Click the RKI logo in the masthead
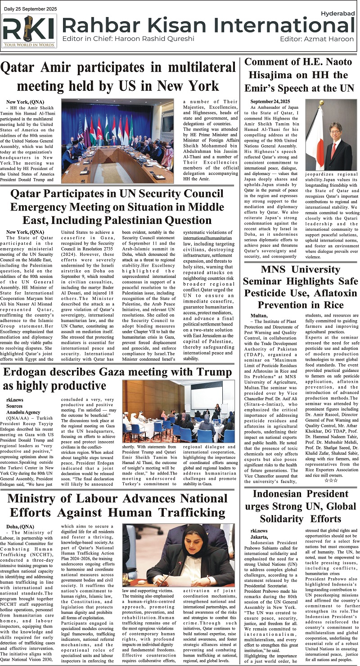coord(29,31)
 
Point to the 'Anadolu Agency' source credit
coord(22,411)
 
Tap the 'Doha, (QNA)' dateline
coord(20,527)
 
